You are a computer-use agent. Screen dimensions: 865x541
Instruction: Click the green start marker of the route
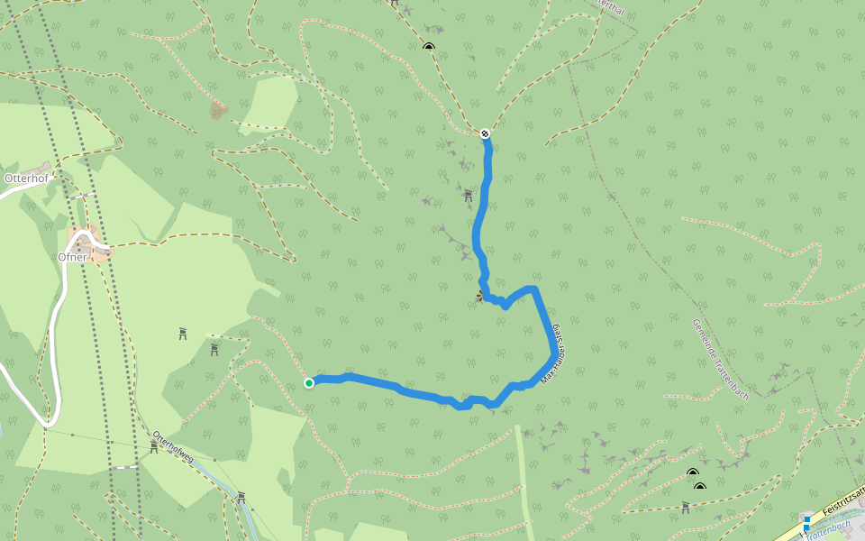coord(309,383)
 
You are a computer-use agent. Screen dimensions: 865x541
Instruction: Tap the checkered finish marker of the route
coord(485,133)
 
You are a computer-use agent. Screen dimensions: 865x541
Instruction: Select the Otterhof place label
coord(25,179)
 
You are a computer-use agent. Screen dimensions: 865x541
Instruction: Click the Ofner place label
coord(72,257)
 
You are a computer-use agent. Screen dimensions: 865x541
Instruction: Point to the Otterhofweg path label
coord(173,446)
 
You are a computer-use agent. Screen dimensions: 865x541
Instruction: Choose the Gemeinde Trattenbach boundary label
coord(721,359)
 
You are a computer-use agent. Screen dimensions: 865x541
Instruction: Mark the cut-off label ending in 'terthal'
coord(611,5)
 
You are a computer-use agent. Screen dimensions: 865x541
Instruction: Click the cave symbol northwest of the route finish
coord(428,47)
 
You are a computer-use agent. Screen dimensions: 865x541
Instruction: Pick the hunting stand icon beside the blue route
coord(468,195)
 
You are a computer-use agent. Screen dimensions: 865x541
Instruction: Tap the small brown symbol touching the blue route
coord(479,295)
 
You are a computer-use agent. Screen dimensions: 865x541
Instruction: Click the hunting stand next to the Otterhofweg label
coord(154,446)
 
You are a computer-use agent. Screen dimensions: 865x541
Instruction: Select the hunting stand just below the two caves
coord(686,506)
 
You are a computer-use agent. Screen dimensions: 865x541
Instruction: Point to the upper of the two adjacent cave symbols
coord(692,472)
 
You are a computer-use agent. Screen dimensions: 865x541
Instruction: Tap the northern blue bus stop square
coord(806,518)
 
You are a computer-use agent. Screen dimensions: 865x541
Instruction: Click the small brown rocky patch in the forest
coord(218,110)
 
